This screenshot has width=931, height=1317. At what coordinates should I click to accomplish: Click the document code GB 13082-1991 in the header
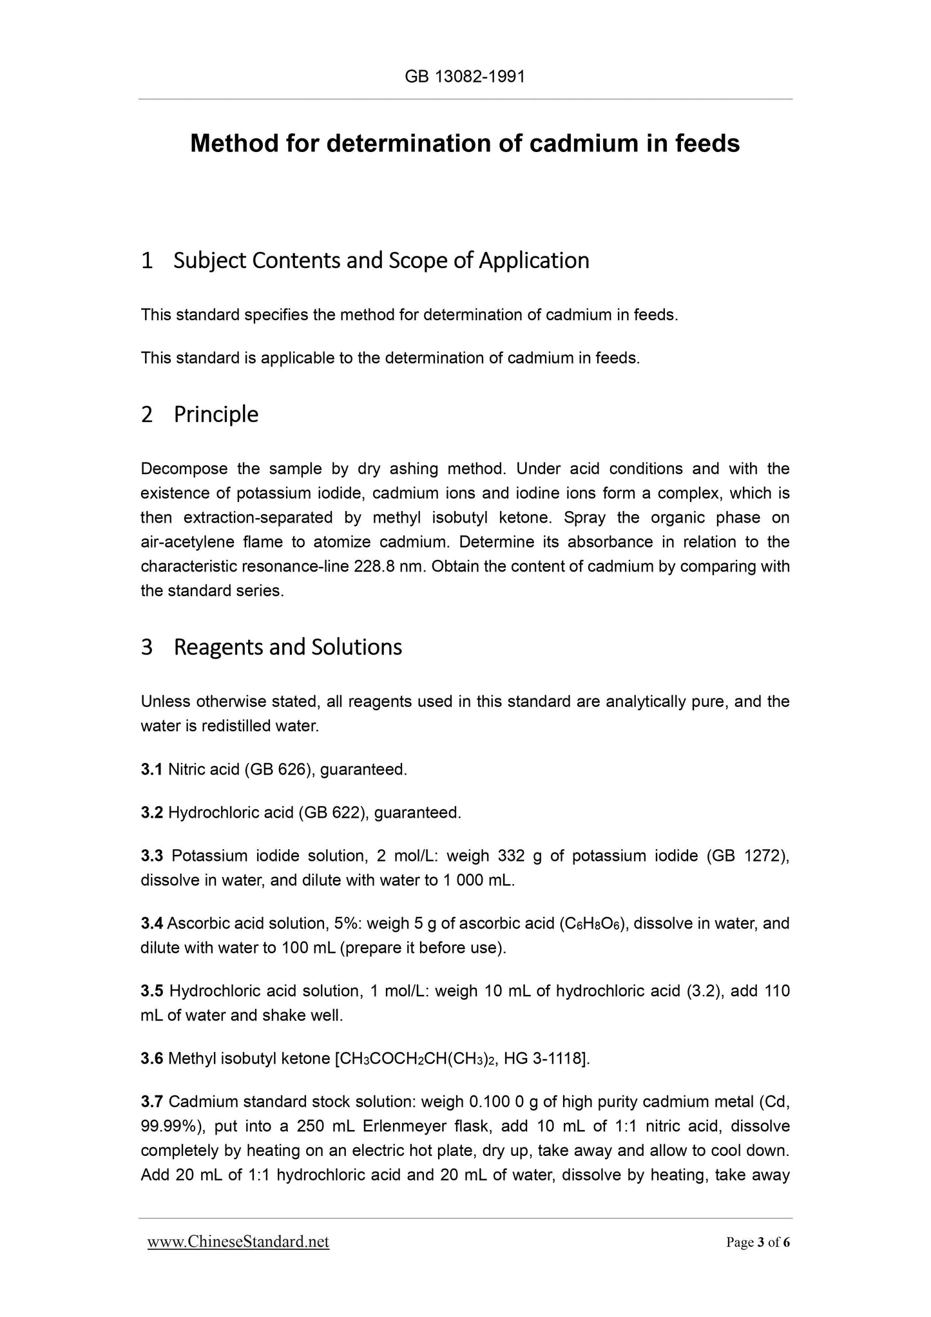[465, 77]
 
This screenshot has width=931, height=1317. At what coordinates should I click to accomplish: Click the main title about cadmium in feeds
[465, 143]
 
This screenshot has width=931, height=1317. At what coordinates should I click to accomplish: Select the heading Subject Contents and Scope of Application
[381, 260]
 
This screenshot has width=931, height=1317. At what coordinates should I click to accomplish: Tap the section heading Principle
[216, 414]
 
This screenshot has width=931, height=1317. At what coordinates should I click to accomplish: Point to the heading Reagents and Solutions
[287, 647]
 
